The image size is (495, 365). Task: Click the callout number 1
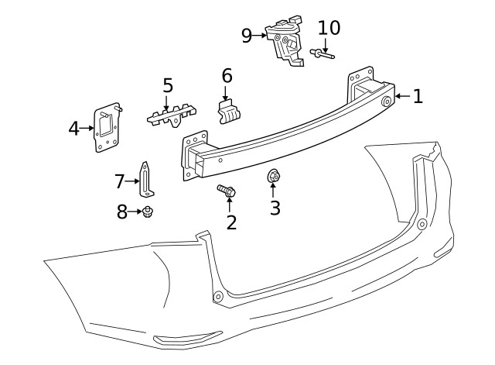418,96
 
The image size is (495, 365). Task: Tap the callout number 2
231,222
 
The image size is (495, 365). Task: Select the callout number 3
275,208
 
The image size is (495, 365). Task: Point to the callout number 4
74,129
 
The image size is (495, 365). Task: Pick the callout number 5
167,85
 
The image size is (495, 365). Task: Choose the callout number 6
227,76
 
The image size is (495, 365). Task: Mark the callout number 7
120,181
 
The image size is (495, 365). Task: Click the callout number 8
122,212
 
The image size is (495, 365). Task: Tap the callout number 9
247,36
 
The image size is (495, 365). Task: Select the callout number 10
329,28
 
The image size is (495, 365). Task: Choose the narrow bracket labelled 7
145,180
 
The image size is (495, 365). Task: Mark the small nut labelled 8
147,211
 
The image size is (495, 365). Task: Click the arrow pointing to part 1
402,96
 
